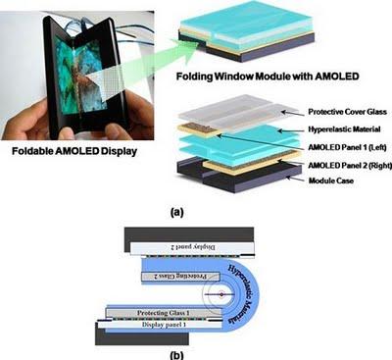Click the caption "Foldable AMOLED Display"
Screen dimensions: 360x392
pos(77,153)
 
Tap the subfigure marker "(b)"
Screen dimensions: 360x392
pos(193,351)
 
